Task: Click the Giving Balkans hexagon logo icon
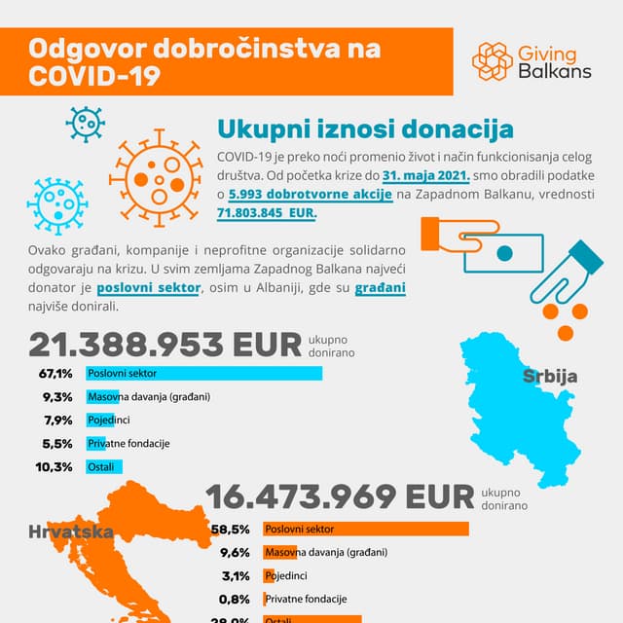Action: click(x=493, y=61)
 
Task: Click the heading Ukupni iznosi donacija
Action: click(x=365, y=129)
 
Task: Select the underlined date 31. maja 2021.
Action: click(x=426, y=176)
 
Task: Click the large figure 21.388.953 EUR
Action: click(x=165, y=346)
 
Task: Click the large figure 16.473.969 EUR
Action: click(x=340, y=496)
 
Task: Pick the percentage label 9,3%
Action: click(x=57, y=397)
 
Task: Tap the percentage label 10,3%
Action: click(x=55, y=467)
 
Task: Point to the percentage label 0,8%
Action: click(x=237, y=599)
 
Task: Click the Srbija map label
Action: click(x=550, y=377)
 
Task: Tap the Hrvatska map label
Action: click(x=71, y=531)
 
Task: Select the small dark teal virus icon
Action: click(x=85, y=123)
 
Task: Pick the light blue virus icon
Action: click(x=55, y=204)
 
